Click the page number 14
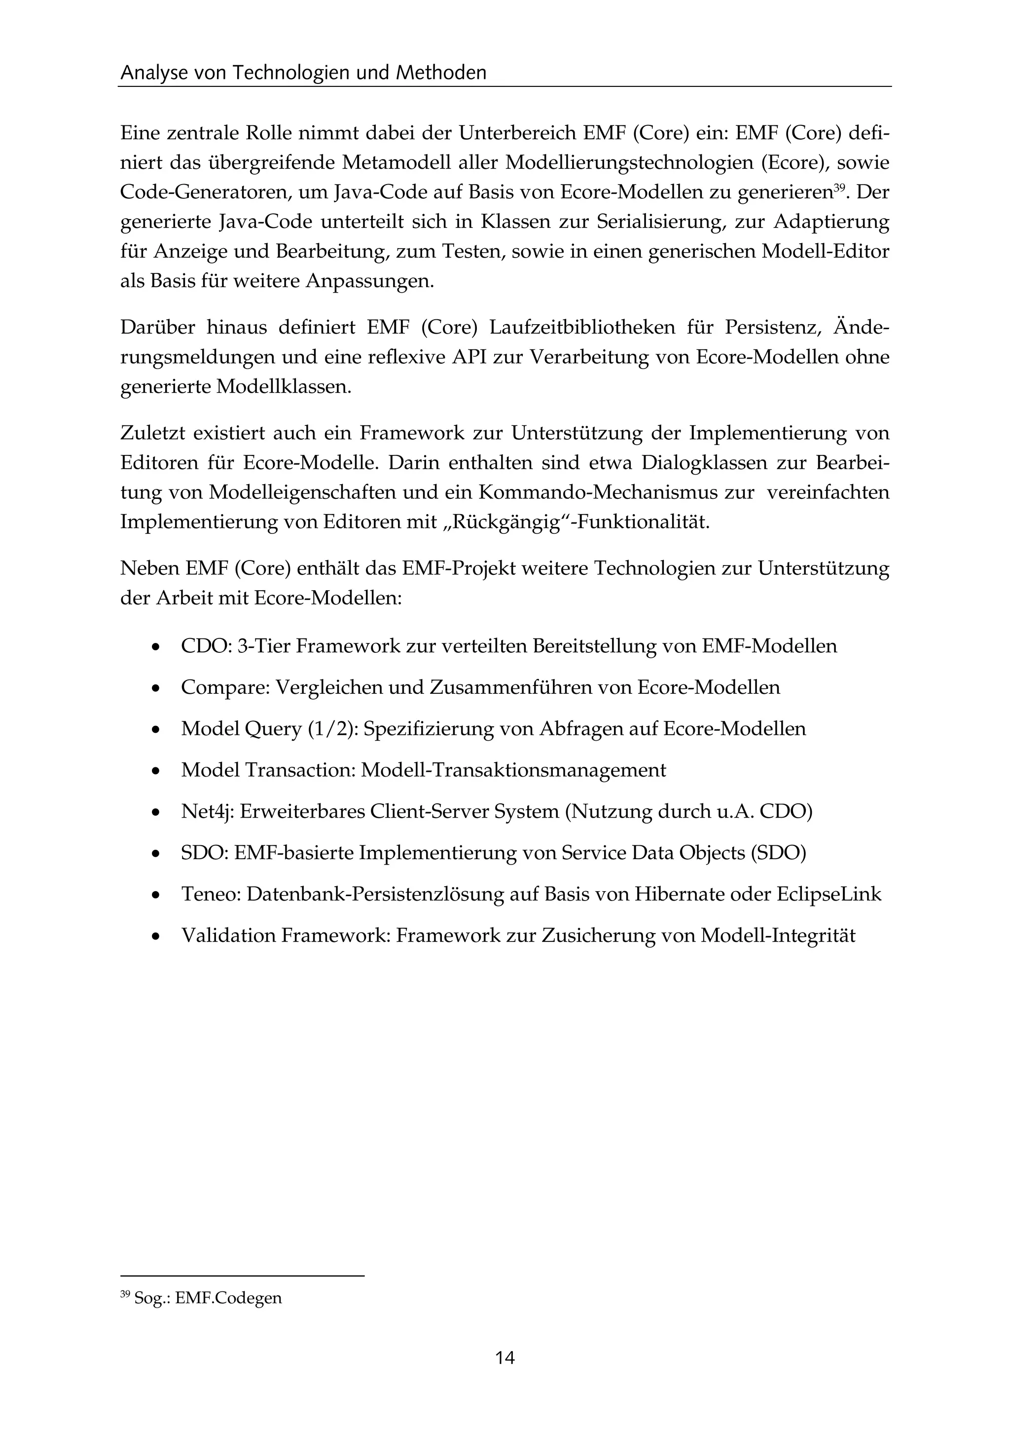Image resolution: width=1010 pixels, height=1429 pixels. pos(505,1358)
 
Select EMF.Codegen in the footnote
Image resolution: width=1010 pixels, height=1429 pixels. pos(228,1298)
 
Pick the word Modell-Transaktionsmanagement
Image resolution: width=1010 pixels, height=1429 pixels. pos(513,771)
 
